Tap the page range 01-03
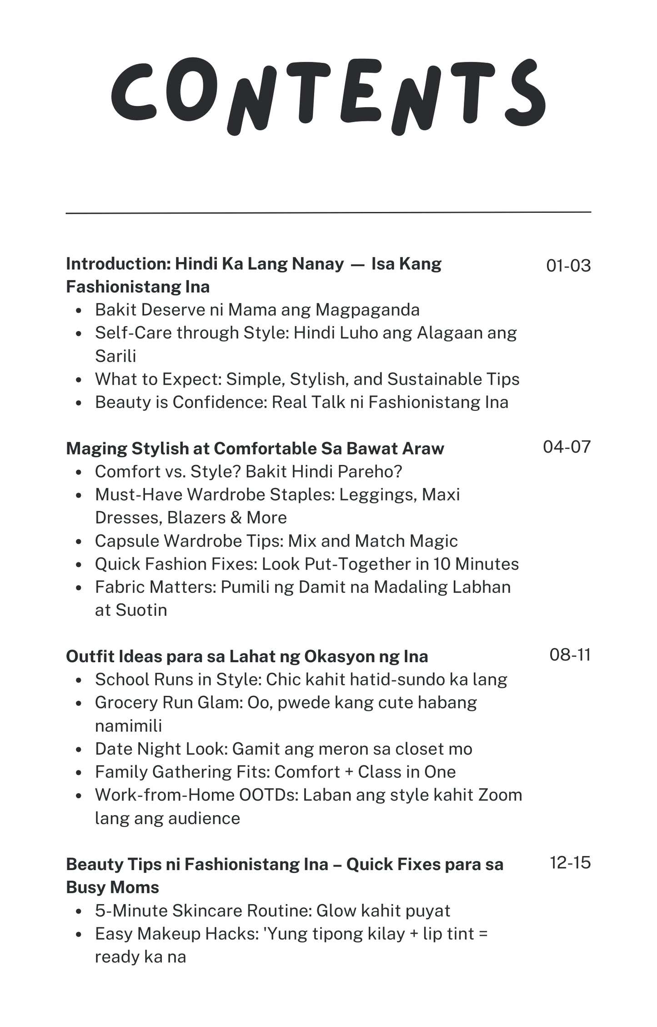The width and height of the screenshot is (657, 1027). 568,266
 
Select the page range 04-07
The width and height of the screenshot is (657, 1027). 567,447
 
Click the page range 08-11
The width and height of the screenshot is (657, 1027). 570,654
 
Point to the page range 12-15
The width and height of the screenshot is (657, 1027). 570,862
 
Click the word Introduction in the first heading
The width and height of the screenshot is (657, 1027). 118,264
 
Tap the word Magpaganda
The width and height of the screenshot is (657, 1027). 367,310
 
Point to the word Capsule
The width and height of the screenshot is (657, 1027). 126,541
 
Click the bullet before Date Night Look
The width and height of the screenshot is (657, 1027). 79,750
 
